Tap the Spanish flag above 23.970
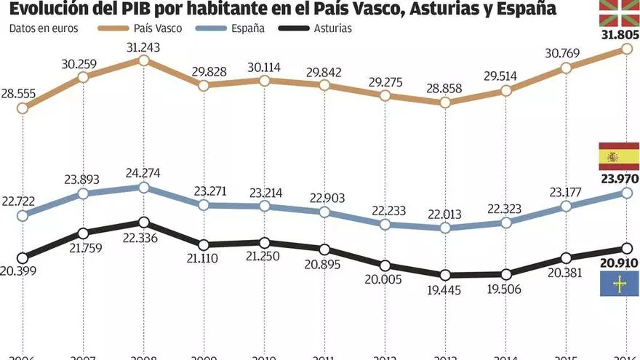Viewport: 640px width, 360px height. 619,156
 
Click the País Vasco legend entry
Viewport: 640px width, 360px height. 148,29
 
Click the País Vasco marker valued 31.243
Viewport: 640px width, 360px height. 144,60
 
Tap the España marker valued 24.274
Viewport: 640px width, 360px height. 144,188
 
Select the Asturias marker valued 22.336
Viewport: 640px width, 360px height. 144,223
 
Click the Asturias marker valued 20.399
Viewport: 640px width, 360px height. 23,257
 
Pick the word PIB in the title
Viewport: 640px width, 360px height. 132,9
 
